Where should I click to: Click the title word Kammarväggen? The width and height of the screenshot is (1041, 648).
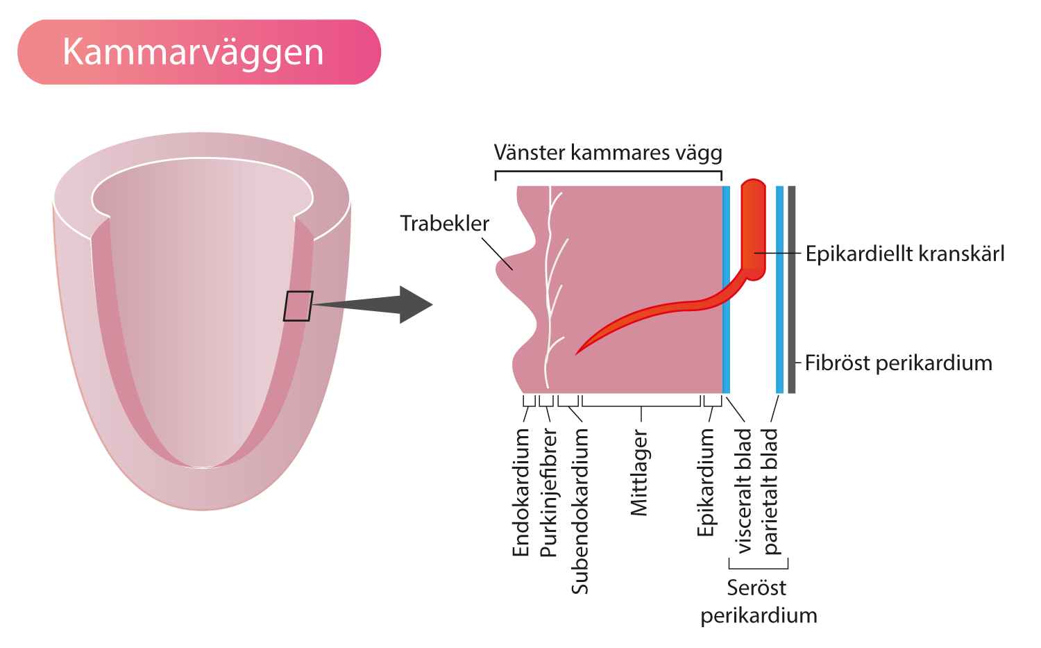pos(193,53)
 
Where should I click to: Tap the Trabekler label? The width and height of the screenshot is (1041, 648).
pos(445,224)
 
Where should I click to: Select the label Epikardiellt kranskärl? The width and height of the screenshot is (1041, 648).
pos(905,254)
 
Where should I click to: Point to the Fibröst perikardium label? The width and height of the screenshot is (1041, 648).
pos(898,363)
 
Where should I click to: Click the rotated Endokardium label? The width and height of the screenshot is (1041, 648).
pos(521,492)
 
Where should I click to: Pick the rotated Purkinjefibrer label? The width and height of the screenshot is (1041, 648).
pos(548,492)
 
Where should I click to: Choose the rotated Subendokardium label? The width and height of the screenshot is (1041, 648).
pos(579,511)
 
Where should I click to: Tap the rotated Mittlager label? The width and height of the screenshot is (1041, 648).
pos(639,472)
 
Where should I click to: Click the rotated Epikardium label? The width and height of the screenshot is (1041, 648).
pos(706,483)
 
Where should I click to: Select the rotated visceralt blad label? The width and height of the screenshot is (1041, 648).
pos(743,491)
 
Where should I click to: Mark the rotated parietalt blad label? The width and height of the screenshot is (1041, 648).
pos(770,491)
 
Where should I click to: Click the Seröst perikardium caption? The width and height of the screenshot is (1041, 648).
pos(759,601)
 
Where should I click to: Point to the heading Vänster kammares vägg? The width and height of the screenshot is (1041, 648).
pos(608,153)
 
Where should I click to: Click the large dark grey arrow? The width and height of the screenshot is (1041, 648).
pos(372,305)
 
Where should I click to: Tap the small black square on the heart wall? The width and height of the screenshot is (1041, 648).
pos(298,306)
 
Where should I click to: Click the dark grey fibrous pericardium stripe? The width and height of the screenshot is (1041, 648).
pos(791,290)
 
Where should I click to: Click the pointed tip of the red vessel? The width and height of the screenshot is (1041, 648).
pos(575,355)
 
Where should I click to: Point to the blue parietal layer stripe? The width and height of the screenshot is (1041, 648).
pos(779,290)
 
